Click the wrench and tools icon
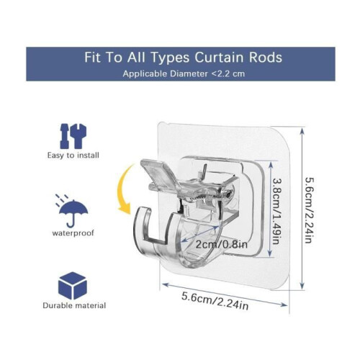73,136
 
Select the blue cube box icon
72,286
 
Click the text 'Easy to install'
73,156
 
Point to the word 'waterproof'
73,233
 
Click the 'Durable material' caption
74,305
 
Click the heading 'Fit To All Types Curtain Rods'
183,58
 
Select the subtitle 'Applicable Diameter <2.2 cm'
184,73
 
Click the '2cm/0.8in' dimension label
221,244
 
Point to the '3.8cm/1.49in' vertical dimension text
276,211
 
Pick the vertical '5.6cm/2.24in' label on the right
310,210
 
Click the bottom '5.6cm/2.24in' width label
215,300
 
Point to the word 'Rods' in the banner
266,58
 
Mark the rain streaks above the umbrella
62,199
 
